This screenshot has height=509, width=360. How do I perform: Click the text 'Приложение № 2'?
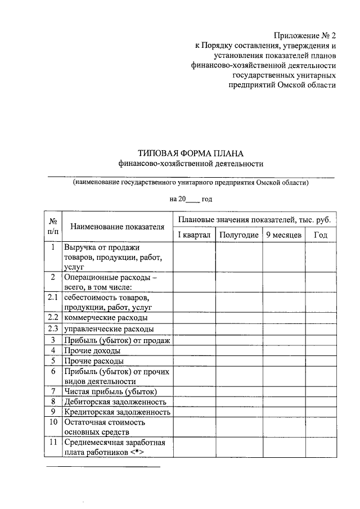tap(307, 35)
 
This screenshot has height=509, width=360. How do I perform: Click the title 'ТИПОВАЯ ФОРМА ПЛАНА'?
tap(191, 153)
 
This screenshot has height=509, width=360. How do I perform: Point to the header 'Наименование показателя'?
tap(117, 227)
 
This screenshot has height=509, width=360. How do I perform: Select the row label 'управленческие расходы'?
tap(109, 329)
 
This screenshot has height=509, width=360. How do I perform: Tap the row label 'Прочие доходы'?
tap(92, 350)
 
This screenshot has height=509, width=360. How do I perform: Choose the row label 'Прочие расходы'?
tap(93, 361)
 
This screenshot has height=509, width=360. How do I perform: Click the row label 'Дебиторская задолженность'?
tap(115, 402)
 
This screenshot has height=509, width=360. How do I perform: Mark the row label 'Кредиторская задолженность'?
tap(117, 412)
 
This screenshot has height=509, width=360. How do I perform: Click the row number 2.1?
tap(53, 297)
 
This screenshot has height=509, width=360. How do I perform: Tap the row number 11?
tap(53, 443)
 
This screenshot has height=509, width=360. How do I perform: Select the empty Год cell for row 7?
tap(321, 391)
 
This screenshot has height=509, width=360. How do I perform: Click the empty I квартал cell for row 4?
tap(194, 350)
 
